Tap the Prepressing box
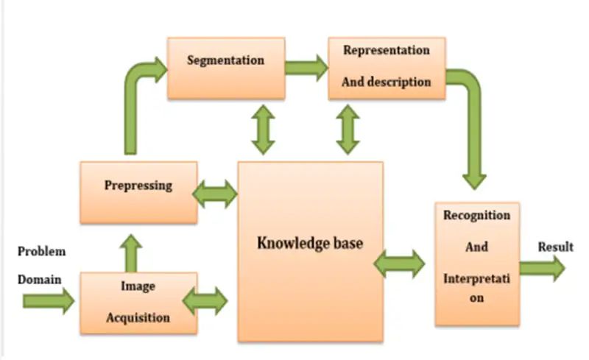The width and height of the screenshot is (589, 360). (138, 192)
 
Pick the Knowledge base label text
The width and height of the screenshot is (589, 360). (309, 243)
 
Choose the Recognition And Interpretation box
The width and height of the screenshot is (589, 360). (476, 264)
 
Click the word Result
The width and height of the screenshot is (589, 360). (555, 247)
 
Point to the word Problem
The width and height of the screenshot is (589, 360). (42, 251)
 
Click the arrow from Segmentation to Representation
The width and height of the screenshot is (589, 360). (306, 68)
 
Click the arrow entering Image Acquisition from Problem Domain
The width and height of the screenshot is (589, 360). (49, 300)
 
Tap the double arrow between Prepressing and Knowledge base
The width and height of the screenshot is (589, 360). (214, 194)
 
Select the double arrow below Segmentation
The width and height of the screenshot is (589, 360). (263, 130)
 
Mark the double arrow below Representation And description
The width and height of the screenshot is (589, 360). (348, 130)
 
